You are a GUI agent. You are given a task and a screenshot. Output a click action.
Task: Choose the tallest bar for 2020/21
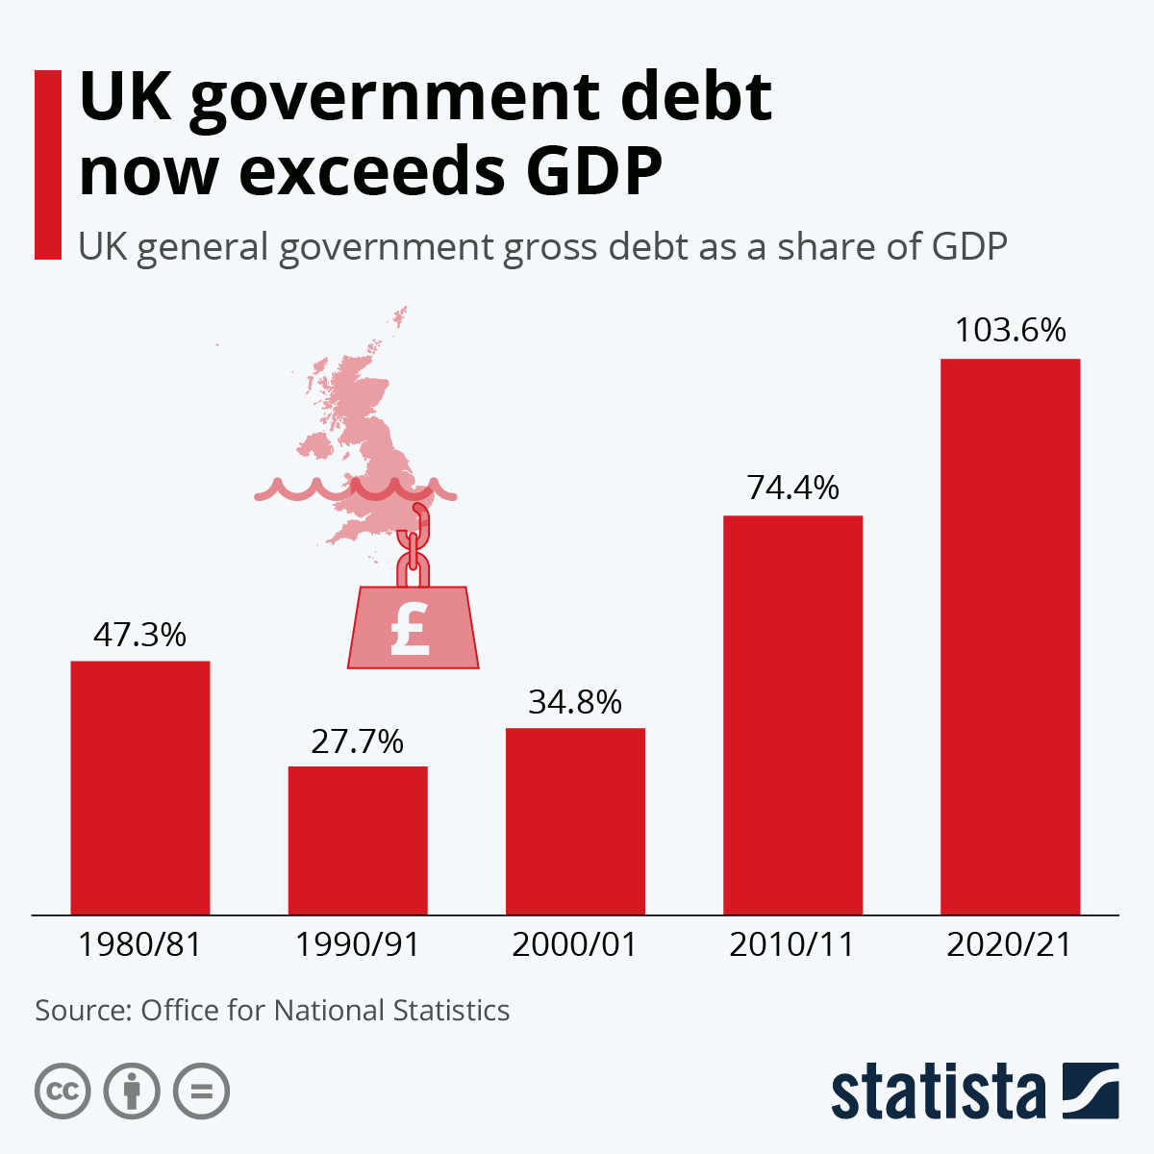point(1010,636)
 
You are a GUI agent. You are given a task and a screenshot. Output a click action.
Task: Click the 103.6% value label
point(1010,331)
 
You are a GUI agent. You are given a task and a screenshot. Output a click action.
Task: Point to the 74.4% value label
point(792,489)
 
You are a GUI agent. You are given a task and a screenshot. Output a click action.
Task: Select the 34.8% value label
point(575,702)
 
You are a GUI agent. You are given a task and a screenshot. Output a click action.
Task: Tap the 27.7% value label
point(358,741)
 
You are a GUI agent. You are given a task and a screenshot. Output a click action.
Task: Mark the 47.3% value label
point(140,635)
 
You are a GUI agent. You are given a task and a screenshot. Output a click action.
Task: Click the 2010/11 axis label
point(792,944)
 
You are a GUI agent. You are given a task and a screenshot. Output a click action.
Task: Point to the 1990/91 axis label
point(358,944)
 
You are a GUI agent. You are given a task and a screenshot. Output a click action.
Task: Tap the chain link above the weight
point(414,548)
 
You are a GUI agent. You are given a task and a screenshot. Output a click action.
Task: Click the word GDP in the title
point(594,171)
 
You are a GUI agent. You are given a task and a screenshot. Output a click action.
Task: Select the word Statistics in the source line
point(451,1011)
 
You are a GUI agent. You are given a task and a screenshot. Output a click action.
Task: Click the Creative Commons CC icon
point(63,1091)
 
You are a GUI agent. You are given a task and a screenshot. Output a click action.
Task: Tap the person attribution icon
point(132,1091)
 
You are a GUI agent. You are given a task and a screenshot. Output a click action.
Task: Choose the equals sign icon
point(201,1091)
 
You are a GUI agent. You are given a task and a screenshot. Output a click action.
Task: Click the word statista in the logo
point(938,1092)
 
